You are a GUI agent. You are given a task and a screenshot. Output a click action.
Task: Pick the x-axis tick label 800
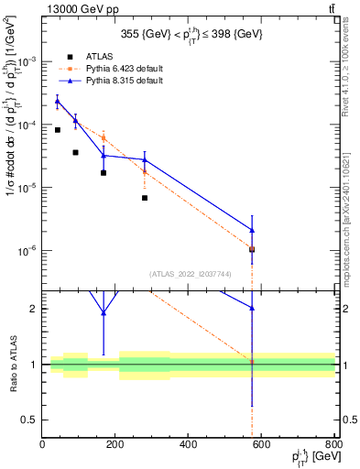click(333, 446)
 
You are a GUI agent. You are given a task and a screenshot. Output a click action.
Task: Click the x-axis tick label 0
click(42, 446)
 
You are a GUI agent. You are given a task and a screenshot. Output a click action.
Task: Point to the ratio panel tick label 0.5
click(28, 420)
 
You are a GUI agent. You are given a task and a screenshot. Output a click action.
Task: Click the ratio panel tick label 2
click(32, 309)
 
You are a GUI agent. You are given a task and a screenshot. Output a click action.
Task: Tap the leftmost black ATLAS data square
click(57, 130)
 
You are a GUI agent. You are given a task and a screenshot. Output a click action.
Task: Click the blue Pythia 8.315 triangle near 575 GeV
click(252, 230)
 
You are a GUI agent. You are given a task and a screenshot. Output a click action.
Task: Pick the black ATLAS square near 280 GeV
click(145, 198)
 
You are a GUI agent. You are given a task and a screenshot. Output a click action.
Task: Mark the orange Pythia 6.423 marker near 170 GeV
click(104, 137)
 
